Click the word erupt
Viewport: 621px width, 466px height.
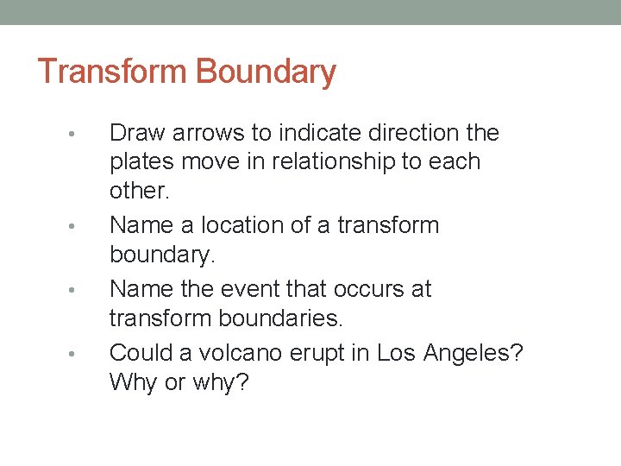click(x=310, y=353)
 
